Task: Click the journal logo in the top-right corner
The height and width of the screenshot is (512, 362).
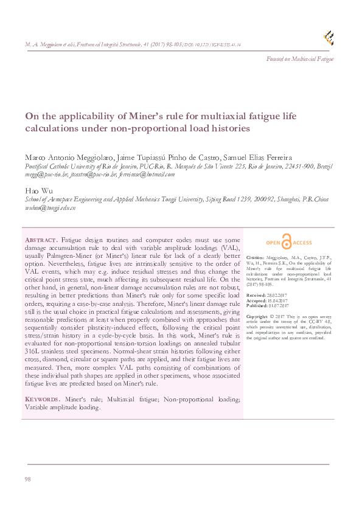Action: pos(329,38)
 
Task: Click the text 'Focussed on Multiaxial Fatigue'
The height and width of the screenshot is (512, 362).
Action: pos(300,58)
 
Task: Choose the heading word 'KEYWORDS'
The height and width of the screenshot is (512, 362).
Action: pos(42,399)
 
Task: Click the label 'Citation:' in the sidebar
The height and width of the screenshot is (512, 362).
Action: pos(256,257)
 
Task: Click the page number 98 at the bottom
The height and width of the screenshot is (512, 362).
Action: pos(27,480)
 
